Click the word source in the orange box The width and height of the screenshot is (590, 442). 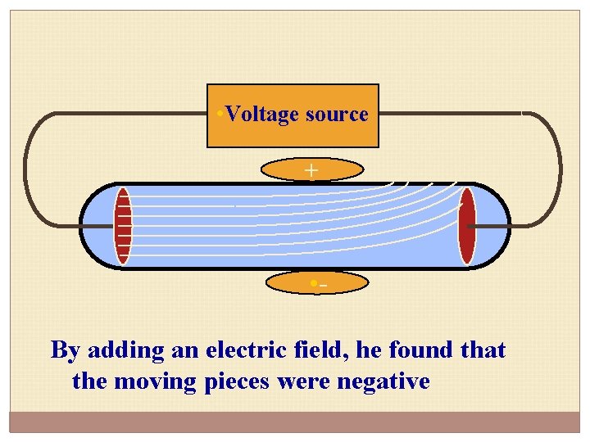tap(336, 115)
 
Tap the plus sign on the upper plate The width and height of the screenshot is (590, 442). tap(311, 170)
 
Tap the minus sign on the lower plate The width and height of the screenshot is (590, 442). tap(323, 286)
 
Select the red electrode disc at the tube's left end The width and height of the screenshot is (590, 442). tap(123, 226)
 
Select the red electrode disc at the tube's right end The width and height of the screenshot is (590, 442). tap(466, 226)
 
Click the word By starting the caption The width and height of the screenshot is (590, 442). tap(65, 351)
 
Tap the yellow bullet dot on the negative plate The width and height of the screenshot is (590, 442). tap(312, 284)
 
